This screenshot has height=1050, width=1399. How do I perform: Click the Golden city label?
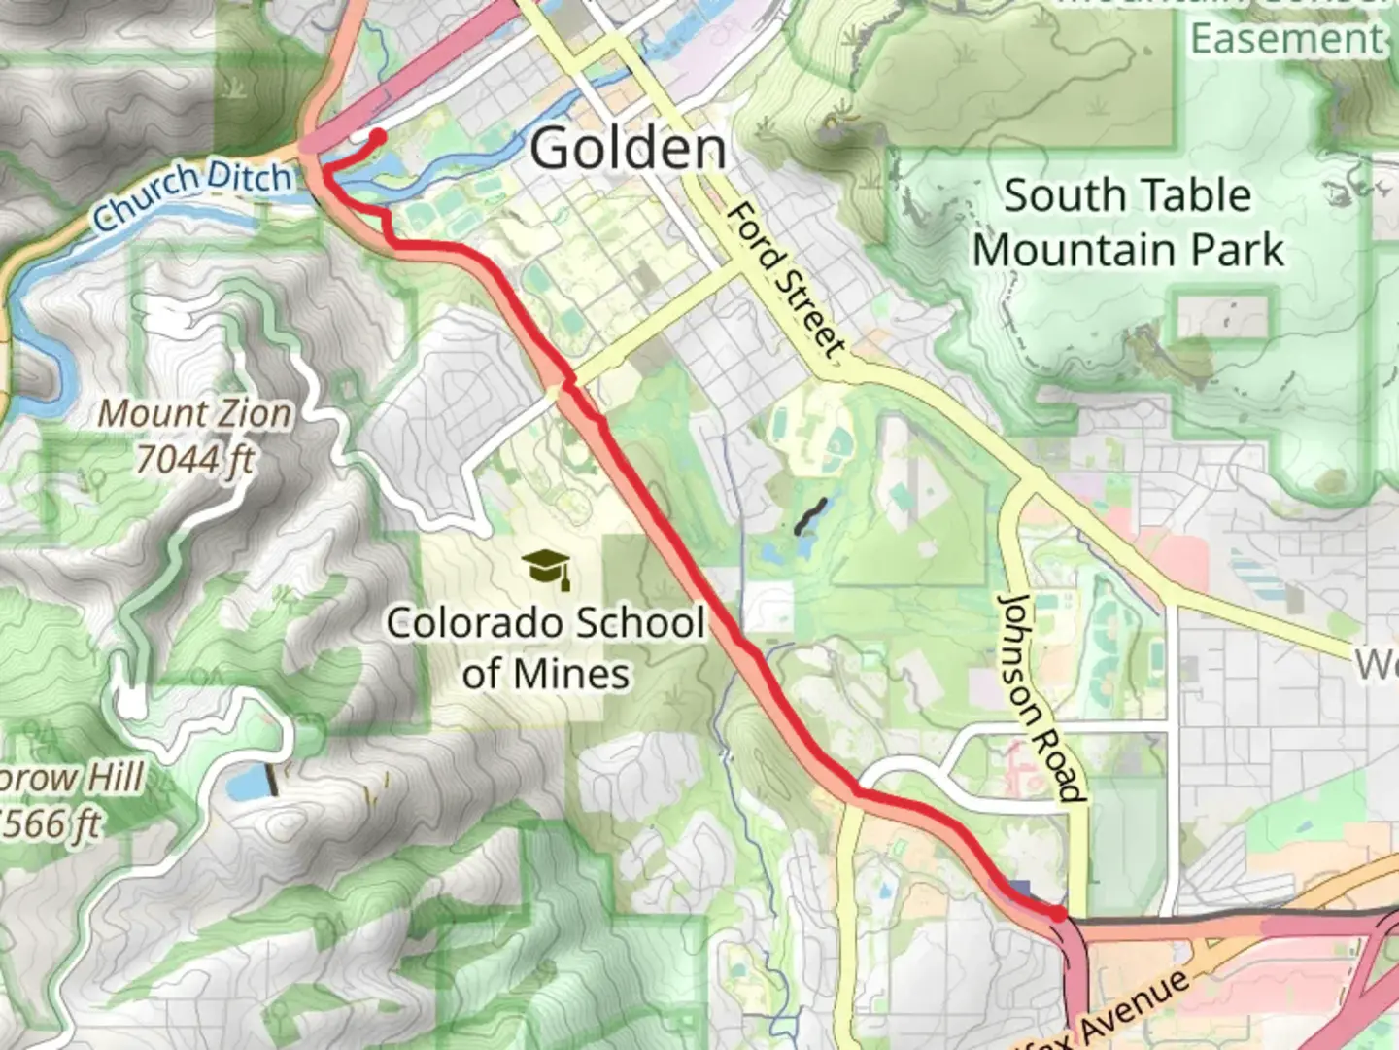[628, 149]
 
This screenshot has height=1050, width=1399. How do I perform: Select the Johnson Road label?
[1041, 697]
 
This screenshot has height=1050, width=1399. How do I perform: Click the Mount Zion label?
[194, 414]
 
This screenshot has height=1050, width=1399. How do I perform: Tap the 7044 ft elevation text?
[192, 458]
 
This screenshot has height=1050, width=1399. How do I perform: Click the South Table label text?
[1127, 195]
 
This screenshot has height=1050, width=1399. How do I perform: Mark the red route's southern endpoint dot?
[1057, 913]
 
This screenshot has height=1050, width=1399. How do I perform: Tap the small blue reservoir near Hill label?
[249, 782]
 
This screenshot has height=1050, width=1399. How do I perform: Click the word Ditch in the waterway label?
[249, 177]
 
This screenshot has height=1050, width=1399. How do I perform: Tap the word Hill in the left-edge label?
[114, 778]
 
